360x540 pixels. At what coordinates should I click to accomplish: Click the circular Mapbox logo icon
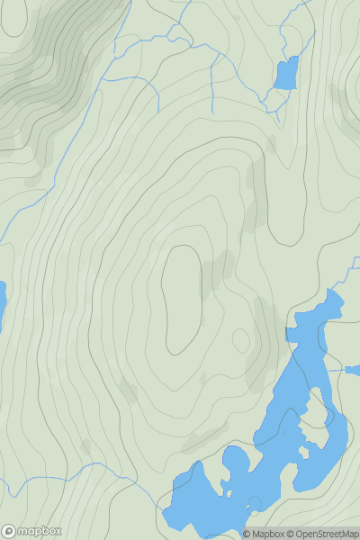coord(9,531)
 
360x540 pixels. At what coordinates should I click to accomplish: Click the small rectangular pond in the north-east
coord(286,73)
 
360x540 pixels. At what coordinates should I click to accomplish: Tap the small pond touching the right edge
coord(354,369)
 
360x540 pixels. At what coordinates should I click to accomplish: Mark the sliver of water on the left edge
coord(2,300)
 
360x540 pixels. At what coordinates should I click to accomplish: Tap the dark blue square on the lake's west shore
coord(288,335)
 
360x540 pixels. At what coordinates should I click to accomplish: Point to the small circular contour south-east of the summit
coord(240,339)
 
